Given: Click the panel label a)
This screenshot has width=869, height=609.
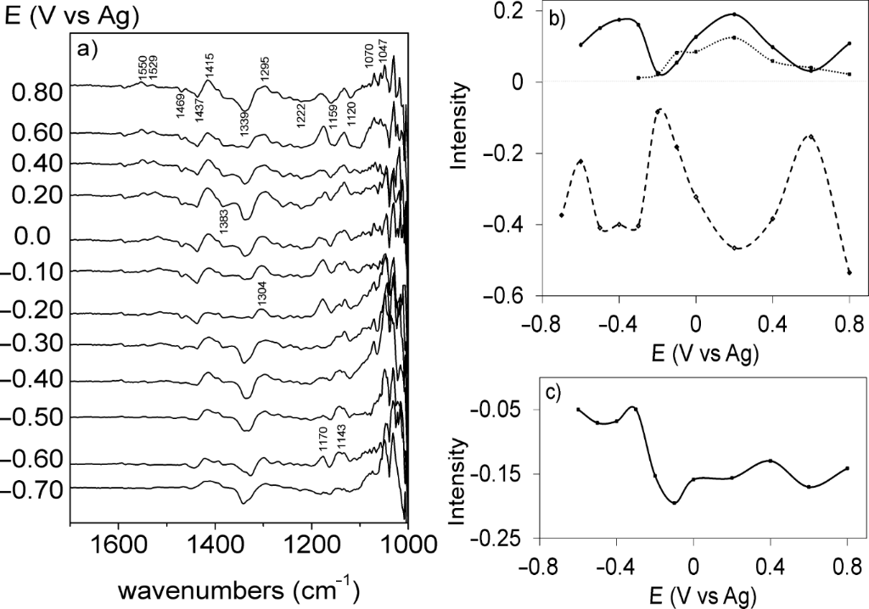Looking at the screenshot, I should pyautogui.click(x=88, y=48).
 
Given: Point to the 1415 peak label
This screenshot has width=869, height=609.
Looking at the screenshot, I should pyautogui.click(x=210, y=66).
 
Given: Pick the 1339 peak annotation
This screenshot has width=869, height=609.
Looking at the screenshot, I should pyautogui.click(x=244, y=126).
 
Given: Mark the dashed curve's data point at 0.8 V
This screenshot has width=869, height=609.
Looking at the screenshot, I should pyautogui.click(x=849, y=272).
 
